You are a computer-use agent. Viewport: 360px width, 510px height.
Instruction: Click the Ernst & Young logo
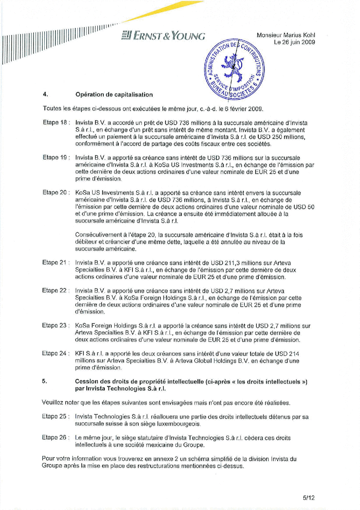pyautogui.click(x=163, y=36)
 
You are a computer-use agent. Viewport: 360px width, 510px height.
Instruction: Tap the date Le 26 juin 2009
pyautogui.click(x=294, y=42)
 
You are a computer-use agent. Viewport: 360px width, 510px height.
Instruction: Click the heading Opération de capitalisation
pyautogui.click(x=114, y=95)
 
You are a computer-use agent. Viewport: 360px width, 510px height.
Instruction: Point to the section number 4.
pyautogui.click(x=45, y=95)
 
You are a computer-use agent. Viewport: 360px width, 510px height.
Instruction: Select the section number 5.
pyautogui.click(x=45, y=381)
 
